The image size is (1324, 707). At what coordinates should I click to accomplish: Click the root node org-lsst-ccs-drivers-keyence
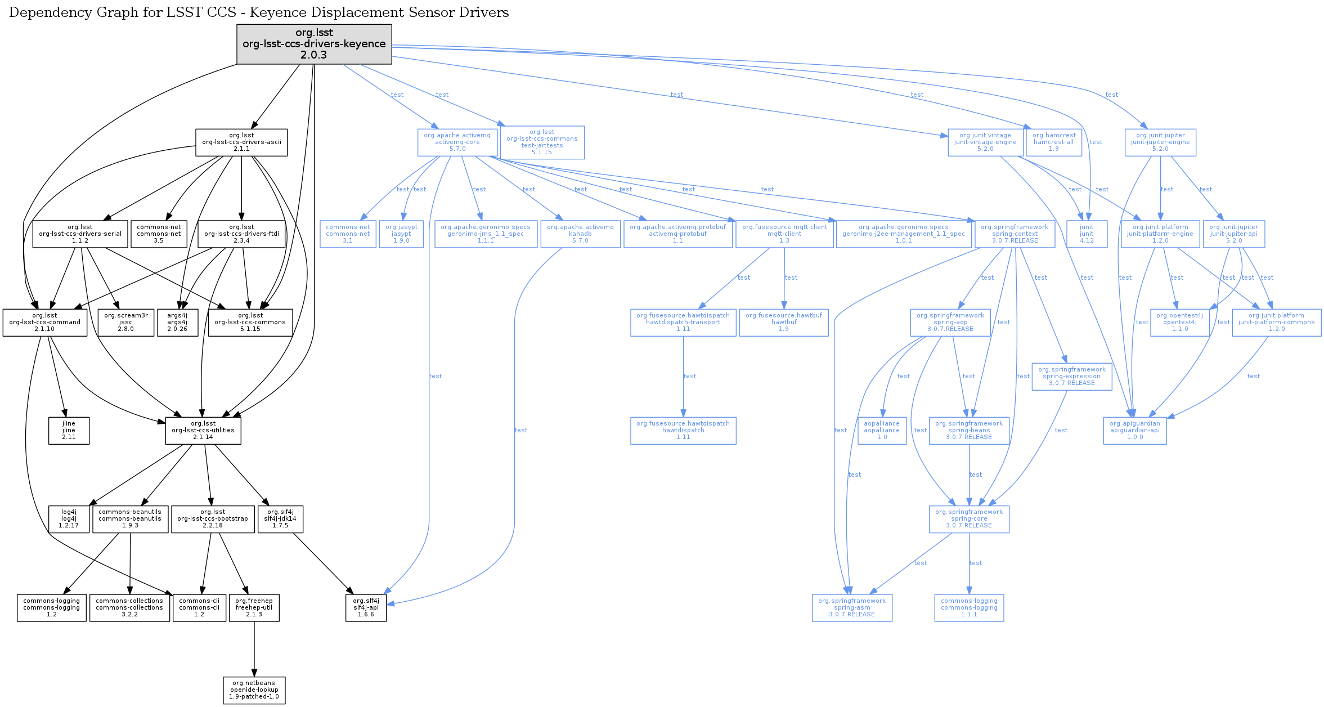(314, 44)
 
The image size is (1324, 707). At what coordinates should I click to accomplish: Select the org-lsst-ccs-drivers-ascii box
(241, 142)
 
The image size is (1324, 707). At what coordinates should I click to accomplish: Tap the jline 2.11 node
(69, 431)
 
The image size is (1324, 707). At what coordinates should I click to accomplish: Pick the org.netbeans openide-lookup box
(254, 690)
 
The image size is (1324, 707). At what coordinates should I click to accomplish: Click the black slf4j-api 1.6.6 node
(366, 608)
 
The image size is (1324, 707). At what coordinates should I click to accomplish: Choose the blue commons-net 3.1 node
(348, 234)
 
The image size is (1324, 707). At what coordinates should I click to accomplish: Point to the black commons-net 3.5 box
(159, 234)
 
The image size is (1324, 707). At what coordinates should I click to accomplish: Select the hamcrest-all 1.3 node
(1054, 142)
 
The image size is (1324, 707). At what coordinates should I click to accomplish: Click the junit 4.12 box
(1087, 234)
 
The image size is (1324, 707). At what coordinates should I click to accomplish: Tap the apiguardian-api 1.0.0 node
(1135, 431)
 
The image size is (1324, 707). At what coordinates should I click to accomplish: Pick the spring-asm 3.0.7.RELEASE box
(852, 608)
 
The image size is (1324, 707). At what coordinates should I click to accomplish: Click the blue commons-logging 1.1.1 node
(969, 608)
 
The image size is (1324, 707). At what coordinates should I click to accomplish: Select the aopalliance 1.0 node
(882, 431)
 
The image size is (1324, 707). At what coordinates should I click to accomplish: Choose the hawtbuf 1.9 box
(784, 323)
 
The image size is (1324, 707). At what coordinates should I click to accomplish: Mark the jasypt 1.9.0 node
(401, 234)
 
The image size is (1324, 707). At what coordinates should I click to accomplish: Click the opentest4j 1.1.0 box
(1180, 323)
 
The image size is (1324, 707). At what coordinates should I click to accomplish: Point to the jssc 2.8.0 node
(126, 323)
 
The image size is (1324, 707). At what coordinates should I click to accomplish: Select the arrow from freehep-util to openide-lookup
(254, 649)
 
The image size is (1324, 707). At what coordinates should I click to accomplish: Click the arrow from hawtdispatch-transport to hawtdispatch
(683, 377)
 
